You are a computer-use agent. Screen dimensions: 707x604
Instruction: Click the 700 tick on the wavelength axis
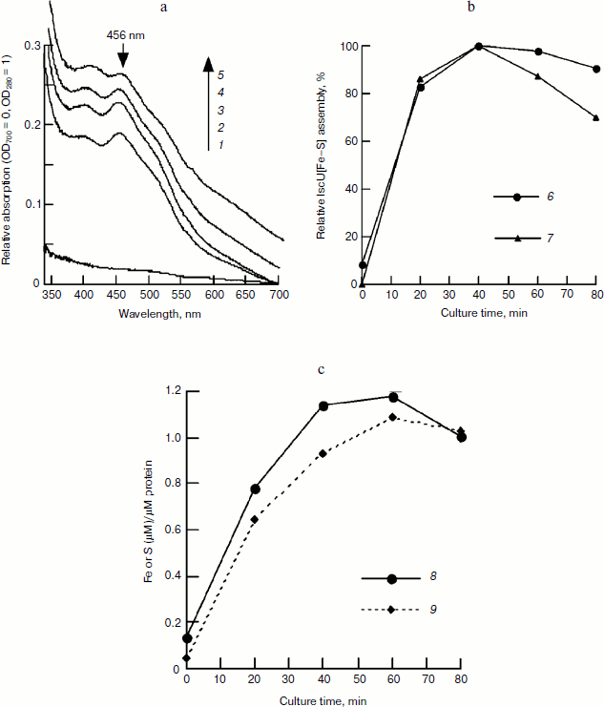coord(277,297)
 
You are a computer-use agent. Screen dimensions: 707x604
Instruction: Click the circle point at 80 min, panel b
coord(596,69)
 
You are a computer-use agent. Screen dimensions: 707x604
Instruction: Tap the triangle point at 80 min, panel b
coord(596,117)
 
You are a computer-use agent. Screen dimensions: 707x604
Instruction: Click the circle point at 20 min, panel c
coord(255,489)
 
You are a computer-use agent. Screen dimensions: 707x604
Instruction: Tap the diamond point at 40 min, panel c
coord(324,453)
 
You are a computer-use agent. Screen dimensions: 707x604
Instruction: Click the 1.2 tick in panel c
coord(172,392)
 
